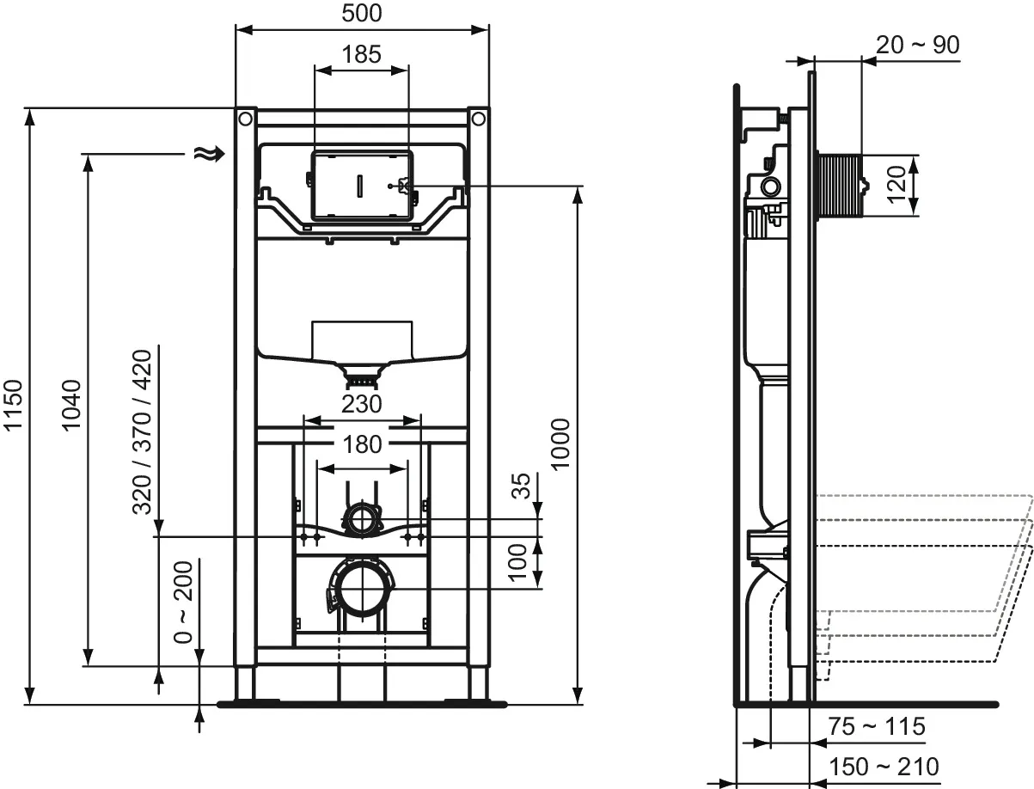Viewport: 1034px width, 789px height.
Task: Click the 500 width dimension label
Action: coord(361,13)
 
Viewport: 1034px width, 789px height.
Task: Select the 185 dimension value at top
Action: coord(361,54)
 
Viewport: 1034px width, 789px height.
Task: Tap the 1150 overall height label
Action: coord(13,405)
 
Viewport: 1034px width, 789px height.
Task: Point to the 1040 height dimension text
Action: coord(71,405)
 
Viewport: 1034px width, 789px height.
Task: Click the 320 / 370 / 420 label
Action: coord(142,431)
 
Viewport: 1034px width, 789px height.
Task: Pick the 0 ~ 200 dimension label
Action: coord(183,602)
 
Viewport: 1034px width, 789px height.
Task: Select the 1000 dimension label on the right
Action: coord(560,444)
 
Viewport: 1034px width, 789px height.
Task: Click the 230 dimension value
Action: coord(361,404)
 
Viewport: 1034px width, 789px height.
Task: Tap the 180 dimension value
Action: coord(362,444)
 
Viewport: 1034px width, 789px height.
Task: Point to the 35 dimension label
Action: coord(521,486)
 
